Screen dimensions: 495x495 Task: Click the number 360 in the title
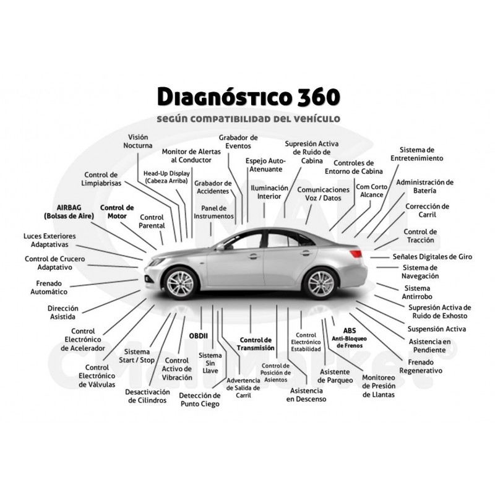click(318, 97)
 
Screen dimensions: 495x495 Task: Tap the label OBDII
click(198, 336)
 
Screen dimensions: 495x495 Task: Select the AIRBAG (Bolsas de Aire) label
click(69, 212)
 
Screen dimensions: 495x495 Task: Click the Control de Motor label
click(117, 212)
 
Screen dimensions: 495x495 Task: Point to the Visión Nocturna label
click(138, 141)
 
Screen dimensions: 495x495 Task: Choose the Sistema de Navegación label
click(420, 272)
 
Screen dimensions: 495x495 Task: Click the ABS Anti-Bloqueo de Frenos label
click(349, 338)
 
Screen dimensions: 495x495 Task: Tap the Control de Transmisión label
click(256, 344)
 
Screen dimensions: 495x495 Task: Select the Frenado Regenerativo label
click(421, 366)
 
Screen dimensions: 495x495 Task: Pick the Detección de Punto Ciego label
click(200, 400)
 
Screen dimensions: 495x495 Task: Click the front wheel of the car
click(180, 283)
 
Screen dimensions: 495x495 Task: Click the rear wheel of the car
click(320, 283)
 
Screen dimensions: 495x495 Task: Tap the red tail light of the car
click(355, 254)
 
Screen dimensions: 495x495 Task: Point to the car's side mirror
click(220, 247)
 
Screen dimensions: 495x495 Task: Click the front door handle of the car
click(254, 256)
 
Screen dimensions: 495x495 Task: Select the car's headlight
click(157, 262)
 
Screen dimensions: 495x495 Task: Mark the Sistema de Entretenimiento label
click(416, 154)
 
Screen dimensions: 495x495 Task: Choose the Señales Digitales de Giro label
click(433, 257)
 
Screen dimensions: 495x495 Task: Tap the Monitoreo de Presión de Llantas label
click(379, 385)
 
